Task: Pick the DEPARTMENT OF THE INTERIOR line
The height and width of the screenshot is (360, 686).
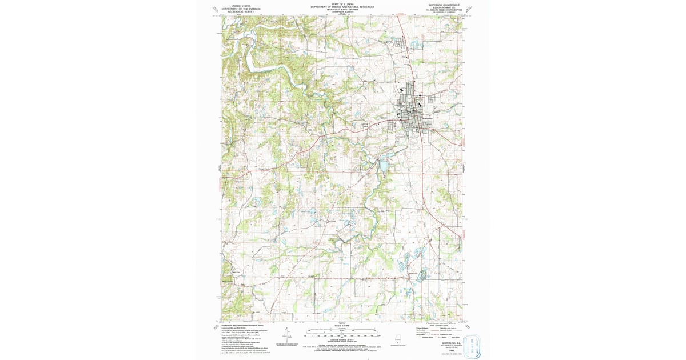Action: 241,9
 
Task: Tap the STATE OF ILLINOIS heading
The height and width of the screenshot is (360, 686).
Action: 342,4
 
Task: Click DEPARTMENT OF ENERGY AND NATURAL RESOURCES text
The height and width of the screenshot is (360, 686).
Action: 342,7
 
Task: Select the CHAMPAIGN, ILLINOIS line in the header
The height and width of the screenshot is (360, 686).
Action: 342,13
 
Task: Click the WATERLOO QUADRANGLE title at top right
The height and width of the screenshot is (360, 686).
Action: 444,4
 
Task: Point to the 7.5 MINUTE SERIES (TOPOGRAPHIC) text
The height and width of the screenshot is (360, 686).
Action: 444,10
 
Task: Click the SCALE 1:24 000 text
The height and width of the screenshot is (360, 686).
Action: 342,326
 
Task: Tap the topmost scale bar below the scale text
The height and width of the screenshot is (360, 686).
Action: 342,331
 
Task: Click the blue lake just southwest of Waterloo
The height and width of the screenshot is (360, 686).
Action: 382,166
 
